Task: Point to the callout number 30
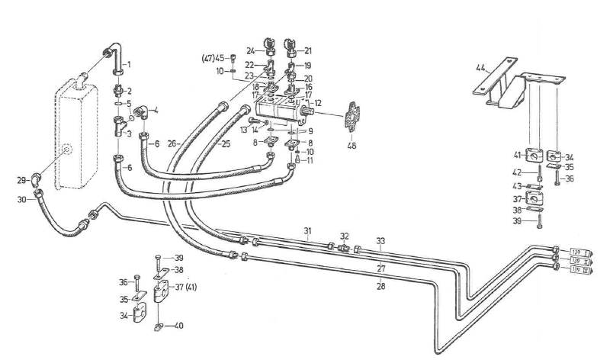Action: click(23, 199)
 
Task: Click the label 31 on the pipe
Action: click(307, 231)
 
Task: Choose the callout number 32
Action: click(345, 236)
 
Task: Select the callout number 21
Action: click(309, 50)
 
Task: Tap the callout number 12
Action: click(319, 102)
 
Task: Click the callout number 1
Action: click(128, 64)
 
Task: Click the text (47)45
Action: click(213, 58)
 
